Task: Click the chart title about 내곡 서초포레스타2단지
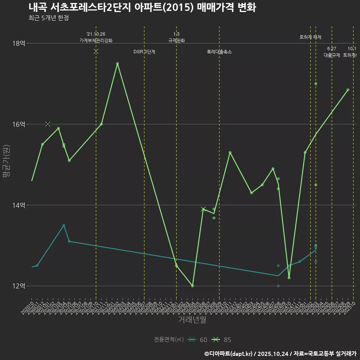pos(142,7)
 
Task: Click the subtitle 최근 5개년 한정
pos(48,18)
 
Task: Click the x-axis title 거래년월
pos(192,320)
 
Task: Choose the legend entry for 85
pos(222,340)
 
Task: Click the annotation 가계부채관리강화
pos(96,40)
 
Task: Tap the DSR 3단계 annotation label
pos(144,52)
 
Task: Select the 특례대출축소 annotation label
pos(219,52)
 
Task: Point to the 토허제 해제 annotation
pos(310,37)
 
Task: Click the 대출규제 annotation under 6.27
pos(332,55)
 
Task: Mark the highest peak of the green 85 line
pos(117,64)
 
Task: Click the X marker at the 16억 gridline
pos(48,124)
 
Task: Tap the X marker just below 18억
pos(96,51)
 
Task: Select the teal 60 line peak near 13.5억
pos(64,225)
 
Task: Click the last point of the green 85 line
pos(348,90)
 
